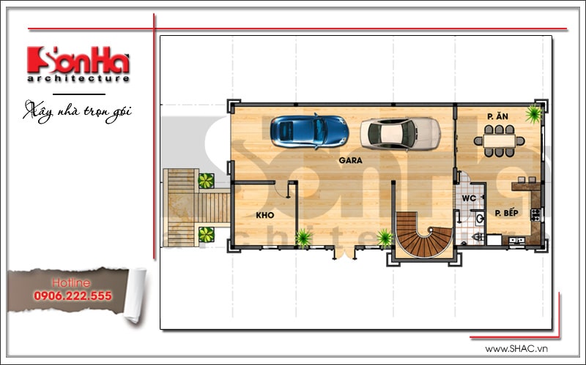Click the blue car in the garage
click(x=309, y=131)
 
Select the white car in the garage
click(x=400, y=133)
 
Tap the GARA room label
click(x=350, y=159)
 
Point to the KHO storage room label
click(x=264, y=216)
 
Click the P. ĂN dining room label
click(x=499, y=116)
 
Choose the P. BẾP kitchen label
click(x=507, y=213)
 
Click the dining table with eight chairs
click(x=499, y=140)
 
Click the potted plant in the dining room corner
click(x=533, y=113)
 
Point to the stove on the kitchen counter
click(x=535, y=215)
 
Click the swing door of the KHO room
click(x=282, y=189)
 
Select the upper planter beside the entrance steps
click(x=206, y=180)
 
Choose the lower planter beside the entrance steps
click(x=206, y=234)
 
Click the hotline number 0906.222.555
click(x=72, y=296)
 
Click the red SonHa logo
click(x=78, y=61)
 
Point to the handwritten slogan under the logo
click(x=81, y=111)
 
